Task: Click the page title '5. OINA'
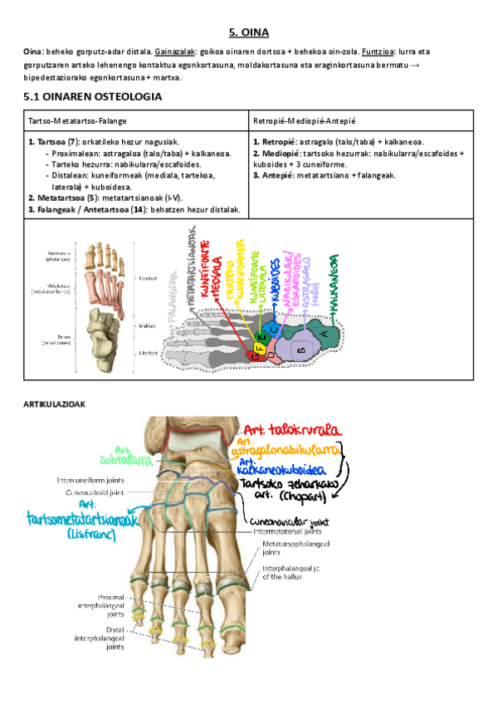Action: tap(249, 33)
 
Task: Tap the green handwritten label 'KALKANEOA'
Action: tap(334, 282)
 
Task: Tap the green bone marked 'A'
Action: tap(324, 335)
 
